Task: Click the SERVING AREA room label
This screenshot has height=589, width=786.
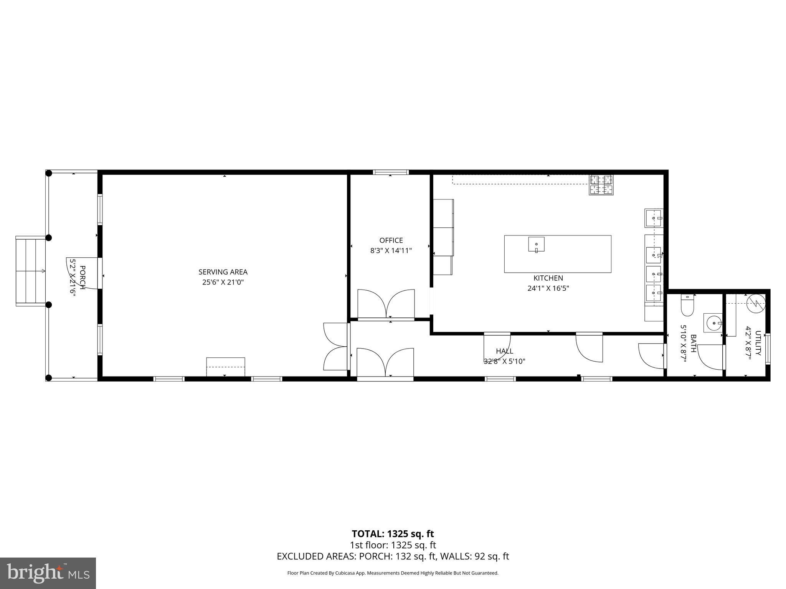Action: (x=223, y=272)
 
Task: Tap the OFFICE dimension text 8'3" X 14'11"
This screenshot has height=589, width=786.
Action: (x=391, y=250)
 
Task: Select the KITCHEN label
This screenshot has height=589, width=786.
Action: (x=548, y=278)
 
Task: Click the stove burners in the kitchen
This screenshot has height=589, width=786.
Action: (x=601, y=184)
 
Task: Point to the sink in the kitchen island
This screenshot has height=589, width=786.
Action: (x=536, y=244)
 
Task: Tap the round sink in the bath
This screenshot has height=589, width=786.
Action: (x=713, y=323)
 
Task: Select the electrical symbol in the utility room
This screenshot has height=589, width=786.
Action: (x=756, y=303)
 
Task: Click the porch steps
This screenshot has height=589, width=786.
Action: (x=31, y=271)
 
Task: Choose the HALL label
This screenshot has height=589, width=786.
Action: (x=504, y=351)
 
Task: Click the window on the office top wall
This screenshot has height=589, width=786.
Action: (x=391, y=172)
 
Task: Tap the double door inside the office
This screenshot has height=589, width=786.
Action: (x=386, y=304)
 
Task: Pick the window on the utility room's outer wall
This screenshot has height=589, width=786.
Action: (x=768, y=348)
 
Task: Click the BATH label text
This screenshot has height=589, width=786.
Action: (x=693, y=343)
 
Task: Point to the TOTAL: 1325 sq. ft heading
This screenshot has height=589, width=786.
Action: (x=393, y=534)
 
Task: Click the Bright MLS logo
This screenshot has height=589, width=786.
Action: (x=48, y=573)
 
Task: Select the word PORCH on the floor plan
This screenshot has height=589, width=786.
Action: (x=82, y=277)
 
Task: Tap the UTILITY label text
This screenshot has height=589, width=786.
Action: (x=758, y=343)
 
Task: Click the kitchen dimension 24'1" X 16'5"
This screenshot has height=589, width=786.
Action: (x=548, y=288)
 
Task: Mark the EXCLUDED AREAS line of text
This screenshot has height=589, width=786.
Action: (x=393, y=556)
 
